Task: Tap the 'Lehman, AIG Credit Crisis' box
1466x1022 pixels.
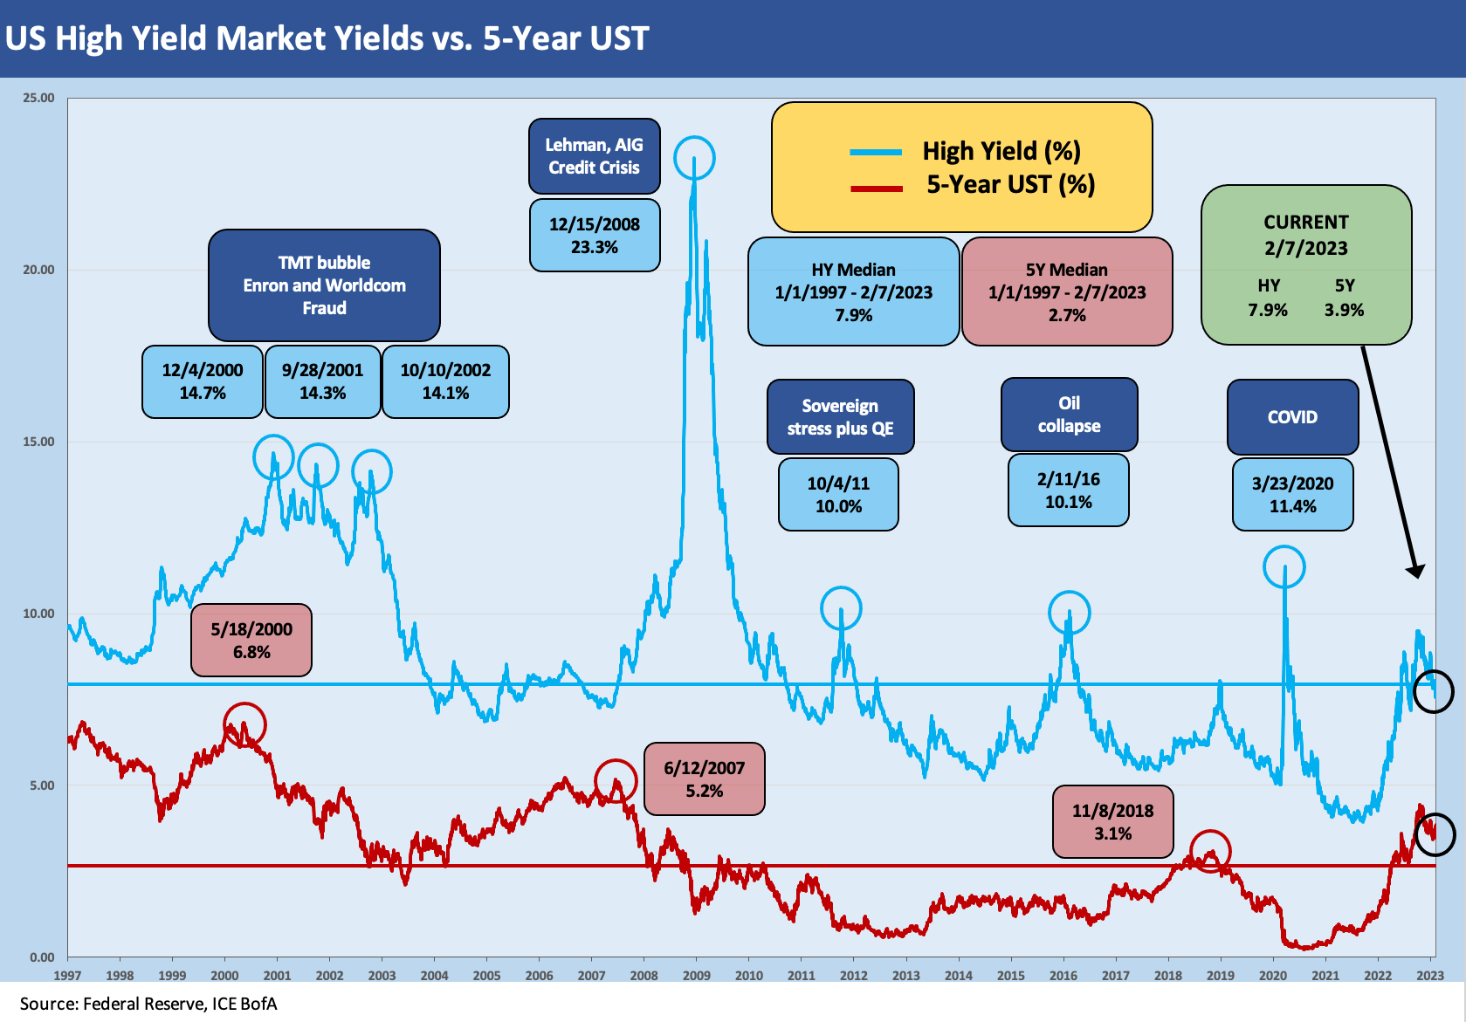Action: [x=594, y=156]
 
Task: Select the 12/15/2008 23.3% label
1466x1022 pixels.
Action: [x=594, y=236]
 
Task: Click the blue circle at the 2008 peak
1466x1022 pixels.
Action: [x=694, y=158]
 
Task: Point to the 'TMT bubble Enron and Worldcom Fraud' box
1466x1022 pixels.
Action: [x=324, y=285]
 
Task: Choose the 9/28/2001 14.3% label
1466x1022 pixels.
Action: [x=322, y=381]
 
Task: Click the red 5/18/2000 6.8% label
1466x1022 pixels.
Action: [x=251, y=640]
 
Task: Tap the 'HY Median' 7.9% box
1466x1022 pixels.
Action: [x=853, y=292]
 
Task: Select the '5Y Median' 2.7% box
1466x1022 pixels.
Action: [x=1066, y=292]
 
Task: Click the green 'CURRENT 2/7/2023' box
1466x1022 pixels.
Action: [x=1305, y=264]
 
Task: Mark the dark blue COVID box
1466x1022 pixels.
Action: [x=1292, y=417]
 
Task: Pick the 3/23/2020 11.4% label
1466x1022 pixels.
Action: [x=1292, y=495]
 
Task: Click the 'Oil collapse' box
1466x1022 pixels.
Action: [x=1069, y=415]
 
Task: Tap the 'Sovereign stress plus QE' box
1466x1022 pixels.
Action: [x=840, y=417]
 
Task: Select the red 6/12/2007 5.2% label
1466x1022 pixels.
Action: [x=704, y=779]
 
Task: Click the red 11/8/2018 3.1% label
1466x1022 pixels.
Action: [x=1112, y=821]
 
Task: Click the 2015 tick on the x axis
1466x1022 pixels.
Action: [x=1010, y=976]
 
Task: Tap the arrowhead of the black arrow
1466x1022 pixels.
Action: [x=1417, y=572]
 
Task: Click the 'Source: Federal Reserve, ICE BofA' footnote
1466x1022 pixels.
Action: [x=148, y=1004]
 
